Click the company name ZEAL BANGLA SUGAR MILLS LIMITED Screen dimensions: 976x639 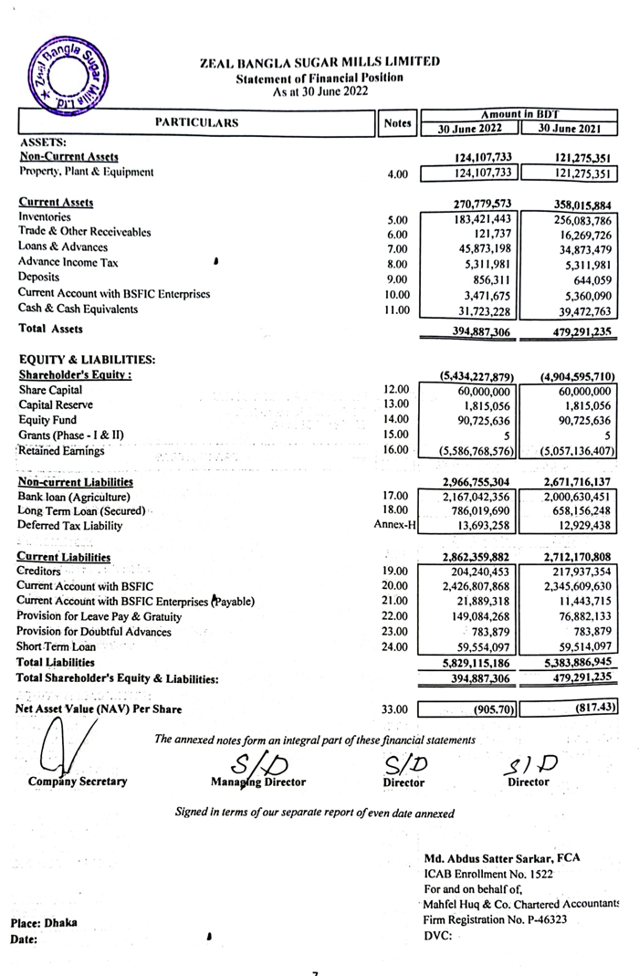tap(319, 62)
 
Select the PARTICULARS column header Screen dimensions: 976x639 tap(196, 121)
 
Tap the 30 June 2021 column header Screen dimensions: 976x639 tap(575, 130)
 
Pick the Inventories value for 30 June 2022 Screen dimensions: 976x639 tap(483, 219)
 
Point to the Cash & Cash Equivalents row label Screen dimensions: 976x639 tap(79, 310)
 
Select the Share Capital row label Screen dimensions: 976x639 tap(52, 390)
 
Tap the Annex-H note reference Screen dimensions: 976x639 tap(395, 525)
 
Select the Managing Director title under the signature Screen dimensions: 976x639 tap(258, 782)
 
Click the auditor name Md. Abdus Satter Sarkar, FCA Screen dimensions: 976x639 tap(502, 857)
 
